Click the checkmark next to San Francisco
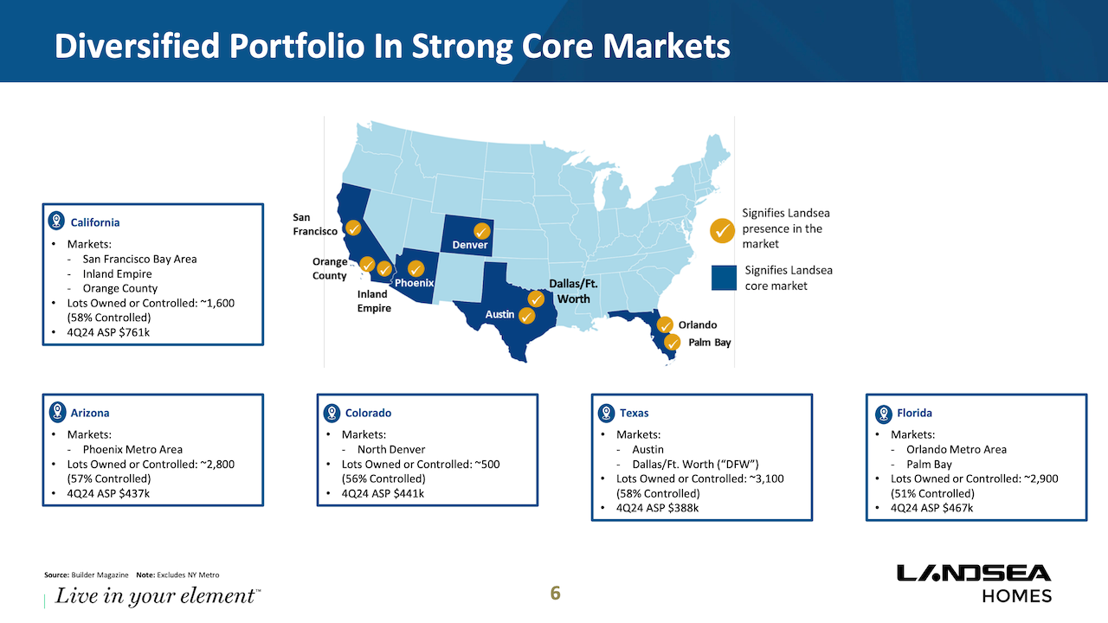pos(353,228)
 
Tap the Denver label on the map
pos(470,245)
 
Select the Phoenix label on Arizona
pos(414,283)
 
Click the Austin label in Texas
pos(499,314)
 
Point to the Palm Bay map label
pos(710,343)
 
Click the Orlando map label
pos(698,325)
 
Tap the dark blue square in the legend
pos(724,278)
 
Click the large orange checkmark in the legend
pos(723,230)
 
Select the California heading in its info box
pos(95,222)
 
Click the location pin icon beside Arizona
pos(57,413)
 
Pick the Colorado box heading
pos(368,413)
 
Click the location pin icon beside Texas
pos(606,413)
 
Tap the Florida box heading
pos(914,413)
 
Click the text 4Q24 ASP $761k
pos(108,332)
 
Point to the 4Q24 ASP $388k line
pos(657,508)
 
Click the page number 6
pos(556,593)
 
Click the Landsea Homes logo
pos(974,583)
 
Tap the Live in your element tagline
pos(157,596)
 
